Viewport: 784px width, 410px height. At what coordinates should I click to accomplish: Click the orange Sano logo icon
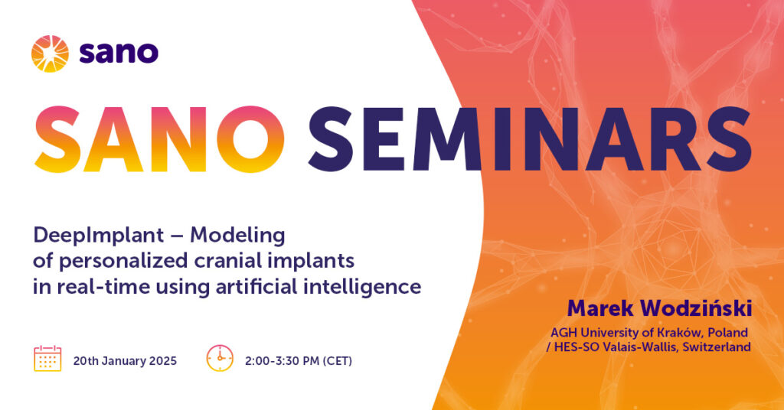(50, 54)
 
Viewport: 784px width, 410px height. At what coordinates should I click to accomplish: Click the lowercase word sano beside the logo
(119, 53)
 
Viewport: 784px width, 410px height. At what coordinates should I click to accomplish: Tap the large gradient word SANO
(159, 139)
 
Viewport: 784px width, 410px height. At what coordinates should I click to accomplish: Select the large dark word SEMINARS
(530, 139)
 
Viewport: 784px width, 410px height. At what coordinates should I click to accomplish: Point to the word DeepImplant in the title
(99, 235)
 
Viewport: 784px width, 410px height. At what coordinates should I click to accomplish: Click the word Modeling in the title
(237, 235)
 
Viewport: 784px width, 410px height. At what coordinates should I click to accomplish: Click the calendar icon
(47, 358)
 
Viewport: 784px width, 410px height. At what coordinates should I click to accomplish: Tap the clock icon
(220, 358)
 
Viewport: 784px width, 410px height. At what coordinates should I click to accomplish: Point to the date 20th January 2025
(125, 360)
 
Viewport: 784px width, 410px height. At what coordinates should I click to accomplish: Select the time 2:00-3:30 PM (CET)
(299, 360)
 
